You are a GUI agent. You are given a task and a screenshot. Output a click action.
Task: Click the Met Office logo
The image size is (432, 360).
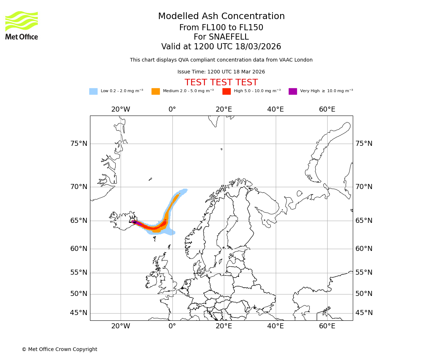pyautogui.click(x=22, y=25)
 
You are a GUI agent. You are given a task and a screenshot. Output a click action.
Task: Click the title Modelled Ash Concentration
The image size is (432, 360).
pyautogui.click(x=221, y=17)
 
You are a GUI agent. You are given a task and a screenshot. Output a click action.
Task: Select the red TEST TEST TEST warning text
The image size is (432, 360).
pyautogui.click(x=221, y=82)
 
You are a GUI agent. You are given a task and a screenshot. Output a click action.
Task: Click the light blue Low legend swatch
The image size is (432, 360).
pyautogui.click(x=93, y=91)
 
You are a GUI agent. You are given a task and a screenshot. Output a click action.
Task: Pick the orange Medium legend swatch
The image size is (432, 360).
pyautogui.click(x=156, y=91)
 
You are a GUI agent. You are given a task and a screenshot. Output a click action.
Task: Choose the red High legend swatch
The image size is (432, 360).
pyautogui.click(x=226, y=91)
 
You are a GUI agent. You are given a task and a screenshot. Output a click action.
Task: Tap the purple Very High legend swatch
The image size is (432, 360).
pyautogui.click(x=293, y=91)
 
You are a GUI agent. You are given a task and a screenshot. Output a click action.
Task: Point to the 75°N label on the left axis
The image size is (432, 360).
pyautogui.click(x=78, y=144)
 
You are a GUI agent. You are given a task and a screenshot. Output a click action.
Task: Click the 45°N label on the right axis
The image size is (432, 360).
pyautogui.click(x=364, y=313)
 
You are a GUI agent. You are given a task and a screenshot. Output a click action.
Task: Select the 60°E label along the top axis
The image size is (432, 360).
pyautogui.click(x=327, y=109)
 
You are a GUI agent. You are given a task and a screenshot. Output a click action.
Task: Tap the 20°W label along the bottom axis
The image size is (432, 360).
pyautogui.click(x=120, y=326)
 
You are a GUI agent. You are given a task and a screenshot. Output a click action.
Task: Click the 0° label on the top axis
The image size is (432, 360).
pyautogui.click(x=172, y=109)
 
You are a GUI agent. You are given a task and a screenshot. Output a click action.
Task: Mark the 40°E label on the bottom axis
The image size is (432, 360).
pyautogui.click(x=275, y=326)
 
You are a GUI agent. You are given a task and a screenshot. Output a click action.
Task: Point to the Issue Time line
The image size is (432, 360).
pyautogui.click(x=221, y=72)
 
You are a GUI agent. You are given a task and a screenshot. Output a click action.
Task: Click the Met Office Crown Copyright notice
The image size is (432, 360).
pyautogui.click(x=59, y=349)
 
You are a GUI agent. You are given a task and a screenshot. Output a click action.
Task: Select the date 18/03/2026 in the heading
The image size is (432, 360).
pyautogui.click(x=258, y=47)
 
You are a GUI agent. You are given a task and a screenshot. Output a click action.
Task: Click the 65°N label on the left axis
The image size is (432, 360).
pyautogui.click(x=78, y=221)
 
